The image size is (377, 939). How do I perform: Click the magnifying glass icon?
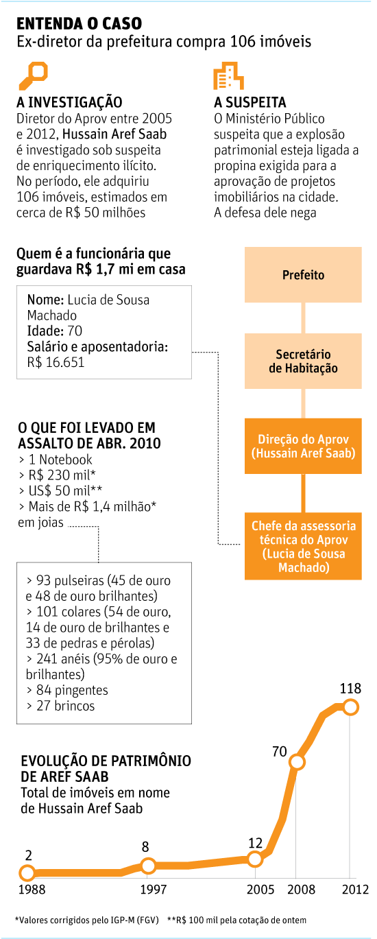click(x=34, y=75)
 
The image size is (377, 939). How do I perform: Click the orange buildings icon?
click(x=228, y=76)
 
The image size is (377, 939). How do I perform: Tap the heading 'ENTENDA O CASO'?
click(x=80, y=23)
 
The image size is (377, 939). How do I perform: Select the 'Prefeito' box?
click(x=303, y=274)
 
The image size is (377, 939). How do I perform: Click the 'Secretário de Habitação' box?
click(x=303, y=361)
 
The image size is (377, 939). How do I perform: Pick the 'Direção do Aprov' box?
click(x=303, y=446)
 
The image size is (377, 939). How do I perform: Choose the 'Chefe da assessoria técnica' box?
click(x=303, y=546)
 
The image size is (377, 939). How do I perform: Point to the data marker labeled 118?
click(x=350, y=708)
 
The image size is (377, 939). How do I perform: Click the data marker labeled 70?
click(x=297, y=762)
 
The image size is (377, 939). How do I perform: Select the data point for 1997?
click(x=148, y=865)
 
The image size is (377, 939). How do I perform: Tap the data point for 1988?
click(x=27, y=874)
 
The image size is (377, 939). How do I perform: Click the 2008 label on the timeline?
click(x=301, y=889)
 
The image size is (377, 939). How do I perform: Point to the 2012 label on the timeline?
click(x=355, y=889)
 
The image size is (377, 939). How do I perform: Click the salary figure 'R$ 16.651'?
click(x=56, y=362)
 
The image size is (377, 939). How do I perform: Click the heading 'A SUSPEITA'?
click(x=250, y=102)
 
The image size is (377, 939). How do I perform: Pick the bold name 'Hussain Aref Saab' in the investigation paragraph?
click(x=114, y=134)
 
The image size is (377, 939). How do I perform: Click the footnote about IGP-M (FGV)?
click(x=87, y=920)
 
